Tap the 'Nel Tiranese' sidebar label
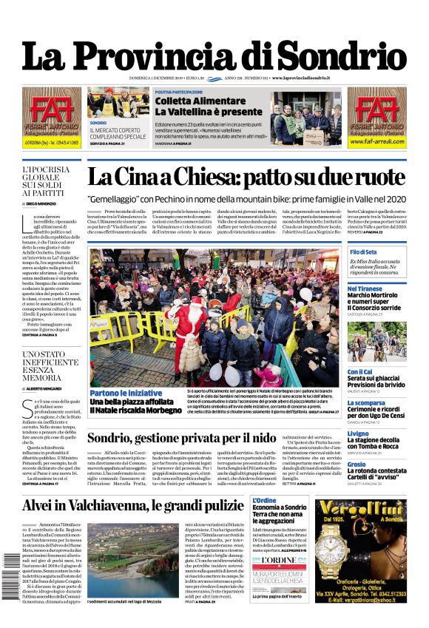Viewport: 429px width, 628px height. tap(365, 288)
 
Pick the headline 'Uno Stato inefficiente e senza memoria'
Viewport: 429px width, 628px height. tap(50, 366)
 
